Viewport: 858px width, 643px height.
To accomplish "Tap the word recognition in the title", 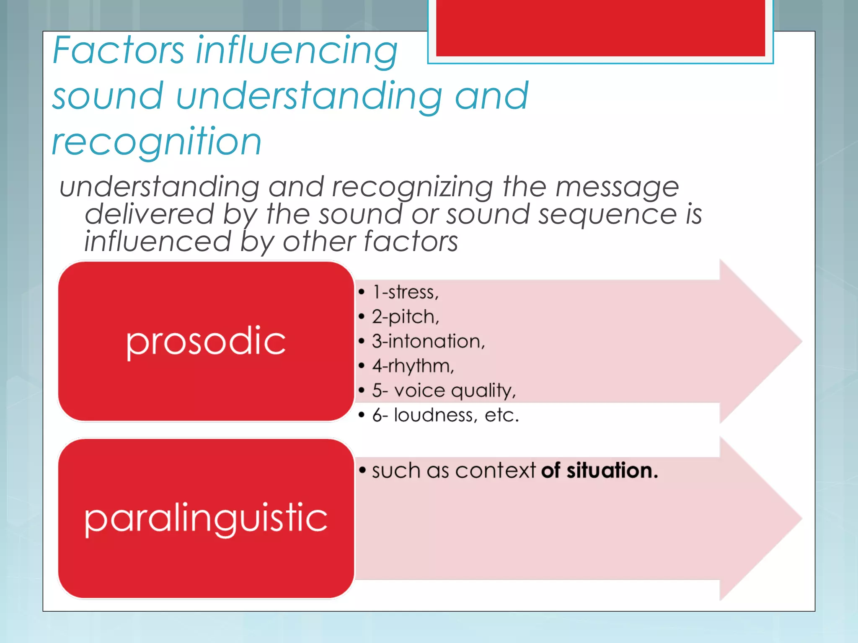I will [x=157, y=141].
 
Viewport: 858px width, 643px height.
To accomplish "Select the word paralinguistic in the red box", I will [x=206, y=519].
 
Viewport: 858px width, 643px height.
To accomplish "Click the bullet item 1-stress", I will [x=405, y=292].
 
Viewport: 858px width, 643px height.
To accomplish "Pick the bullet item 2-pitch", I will [x=405, y=317].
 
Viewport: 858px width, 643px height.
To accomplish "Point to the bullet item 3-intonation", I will [x=428, y=341].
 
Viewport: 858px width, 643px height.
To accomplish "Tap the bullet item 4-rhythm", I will [x=413, y=366].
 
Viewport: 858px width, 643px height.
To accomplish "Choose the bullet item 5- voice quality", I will [x=444, y=391].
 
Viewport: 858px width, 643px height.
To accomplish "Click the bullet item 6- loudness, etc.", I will [x=445, y=415].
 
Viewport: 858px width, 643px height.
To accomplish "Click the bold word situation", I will [x=612, y=471].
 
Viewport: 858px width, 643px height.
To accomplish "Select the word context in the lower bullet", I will [x=495, y=471].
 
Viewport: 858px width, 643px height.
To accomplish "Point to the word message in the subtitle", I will [x=617, y=187].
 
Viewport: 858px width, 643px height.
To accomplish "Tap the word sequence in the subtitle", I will [x=607, y=214].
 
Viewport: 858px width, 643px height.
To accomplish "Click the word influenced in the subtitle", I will [x=158, y=242].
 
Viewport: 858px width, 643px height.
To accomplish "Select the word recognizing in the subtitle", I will [x=412, y=187].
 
